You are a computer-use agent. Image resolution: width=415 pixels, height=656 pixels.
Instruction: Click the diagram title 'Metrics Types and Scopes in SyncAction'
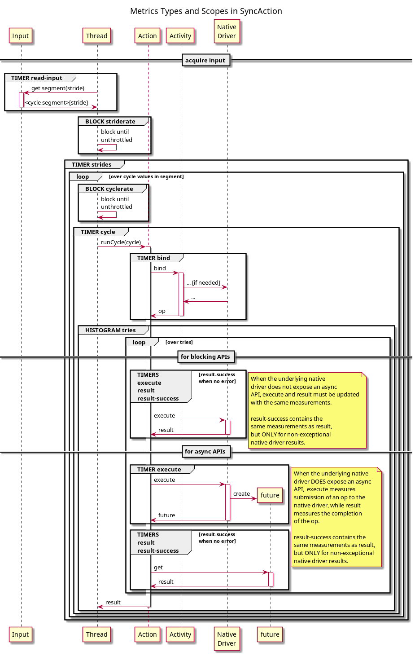pyautogui.click(x=206, y=11)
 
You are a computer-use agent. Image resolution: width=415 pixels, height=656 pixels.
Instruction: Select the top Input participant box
pyautogui.click(x=20, y=36)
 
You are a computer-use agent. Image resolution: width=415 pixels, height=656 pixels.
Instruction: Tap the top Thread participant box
pyautogui.click(x=96, y=36)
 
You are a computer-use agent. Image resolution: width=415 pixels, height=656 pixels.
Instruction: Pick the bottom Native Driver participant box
pyautogui.click(x=227, y=638)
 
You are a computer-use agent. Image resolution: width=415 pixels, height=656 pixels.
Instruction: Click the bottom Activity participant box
pyautogui.click(x=180, y=634)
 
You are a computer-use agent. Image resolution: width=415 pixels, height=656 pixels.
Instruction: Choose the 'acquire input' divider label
pyautogui.click(x=205, y=61)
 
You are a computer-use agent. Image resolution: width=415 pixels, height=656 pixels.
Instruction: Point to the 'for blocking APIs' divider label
pyautogui.click(x=205, y=357)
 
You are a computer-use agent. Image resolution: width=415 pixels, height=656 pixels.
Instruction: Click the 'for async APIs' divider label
pyautogui.click(x=205, y=452)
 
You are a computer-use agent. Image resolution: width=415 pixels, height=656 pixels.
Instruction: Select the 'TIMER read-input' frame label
pyautogui.click(x=37, y=78)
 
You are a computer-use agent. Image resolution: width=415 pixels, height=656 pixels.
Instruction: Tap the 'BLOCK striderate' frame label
pyautogui.click(x=110, y=122)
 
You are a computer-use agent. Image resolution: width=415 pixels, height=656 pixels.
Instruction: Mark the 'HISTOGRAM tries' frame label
pyautogui.click(x=110, y=330)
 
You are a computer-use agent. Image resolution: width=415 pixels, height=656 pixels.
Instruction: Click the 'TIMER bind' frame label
pyautogui.click(x=153, y=258)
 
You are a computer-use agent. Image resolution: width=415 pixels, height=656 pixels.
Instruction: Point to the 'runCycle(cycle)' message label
pyautogui.click(x=121, y=242)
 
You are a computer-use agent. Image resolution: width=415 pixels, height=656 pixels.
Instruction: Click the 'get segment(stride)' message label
pyautogui.click(x=58, y=88)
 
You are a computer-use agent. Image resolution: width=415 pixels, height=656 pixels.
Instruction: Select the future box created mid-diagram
pyautogui.click(x=270, y=495)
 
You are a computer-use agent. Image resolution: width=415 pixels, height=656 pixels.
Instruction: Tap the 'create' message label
pyautogui.click(x=241, y=494)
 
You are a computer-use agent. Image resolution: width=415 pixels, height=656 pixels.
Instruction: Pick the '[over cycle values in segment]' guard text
pyautogui.click(x=146, y=177)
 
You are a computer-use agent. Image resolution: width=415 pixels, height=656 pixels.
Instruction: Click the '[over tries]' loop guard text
pyautogui.click(x=179, y=343)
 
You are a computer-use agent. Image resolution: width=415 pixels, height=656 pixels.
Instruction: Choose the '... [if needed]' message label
pyautogui.click(x=203, y=283)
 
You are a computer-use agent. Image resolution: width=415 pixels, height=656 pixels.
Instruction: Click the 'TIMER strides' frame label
pyautogui.click(x=92, y=165)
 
